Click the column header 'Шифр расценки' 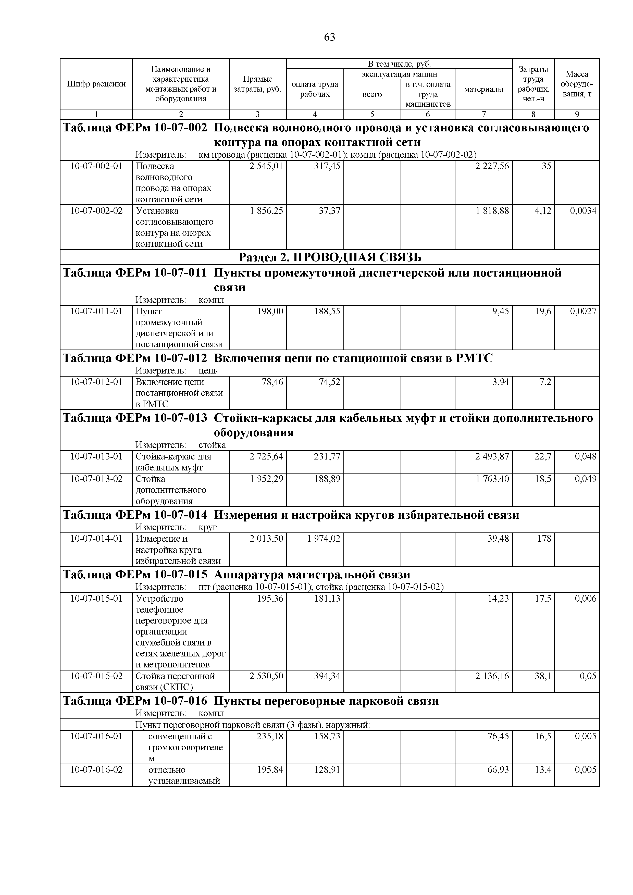(x=96, y=84)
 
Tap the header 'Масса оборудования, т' (x=577, y=84)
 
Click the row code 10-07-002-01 (x=96, y=166)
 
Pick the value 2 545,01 (x=267, y=166)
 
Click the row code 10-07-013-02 (x=96, y=479)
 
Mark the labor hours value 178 (x=544, y=539)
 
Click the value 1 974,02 (x=323, y=539)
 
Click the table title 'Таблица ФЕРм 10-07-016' (x=135, y=701)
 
